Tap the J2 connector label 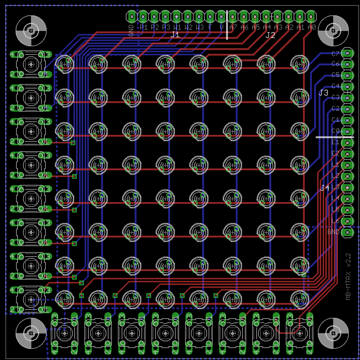pos(270,35)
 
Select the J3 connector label pos(323,93)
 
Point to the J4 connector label pos(325,188)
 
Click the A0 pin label pos(312,27)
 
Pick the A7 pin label pos(234,27)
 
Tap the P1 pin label pos(144,27)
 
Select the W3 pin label pos(199,27)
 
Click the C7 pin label pos(335,53)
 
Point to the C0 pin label pos(335,131)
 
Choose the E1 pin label pos(335,142)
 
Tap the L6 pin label pos(335,221)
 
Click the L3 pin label pos(335,187)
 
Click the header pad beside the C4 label pos(348,86)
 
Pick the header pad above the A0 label pos(311,16)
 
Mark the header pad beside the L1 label pos(348,165)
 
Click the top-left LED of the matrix pos(65,64)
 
